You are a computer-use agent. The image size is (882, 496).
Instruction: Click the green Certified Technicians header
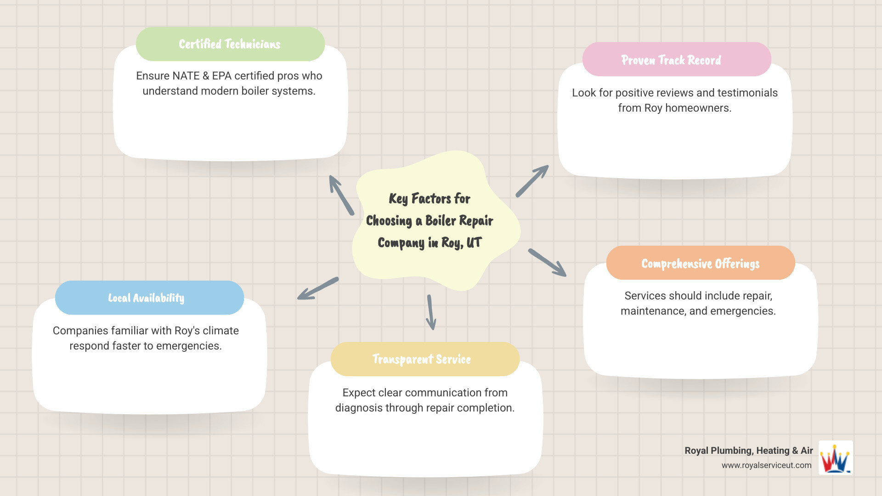[x=230, y=44]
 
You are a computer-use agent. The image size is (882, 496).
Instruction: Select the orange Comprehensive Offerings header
[x=700, y=263]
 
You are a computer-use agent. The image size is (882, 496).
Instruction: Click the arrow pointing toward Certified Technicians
[x=341, y=195]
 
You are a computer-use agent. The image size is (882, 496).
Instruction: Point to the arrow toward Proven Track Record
[x=532, y=181]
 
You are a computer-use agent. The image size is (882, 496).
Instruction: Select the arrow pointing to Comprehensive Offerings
[x=547, y=262]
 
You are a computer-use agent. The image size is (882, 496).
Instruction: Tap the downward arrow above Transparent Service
[x=430, y=312]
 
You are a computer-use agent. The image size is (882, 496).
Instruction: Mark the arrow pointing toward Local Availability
[x=318, y=288]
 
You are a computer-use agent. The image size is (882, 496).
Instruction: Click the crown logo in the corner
[x=836, y=458]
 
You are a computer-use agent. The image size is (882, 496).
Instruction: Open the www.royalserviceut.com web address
[x=766, y=465]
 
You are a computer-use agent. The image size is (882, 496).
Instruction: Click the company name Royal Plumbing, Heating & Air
[x=748, y=451]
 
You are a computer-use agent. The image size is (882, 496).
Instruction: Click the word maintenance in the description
[x=652, y=311]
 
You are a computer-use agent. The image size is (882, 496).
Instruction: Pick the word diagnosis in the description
[x=359, y=408]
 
